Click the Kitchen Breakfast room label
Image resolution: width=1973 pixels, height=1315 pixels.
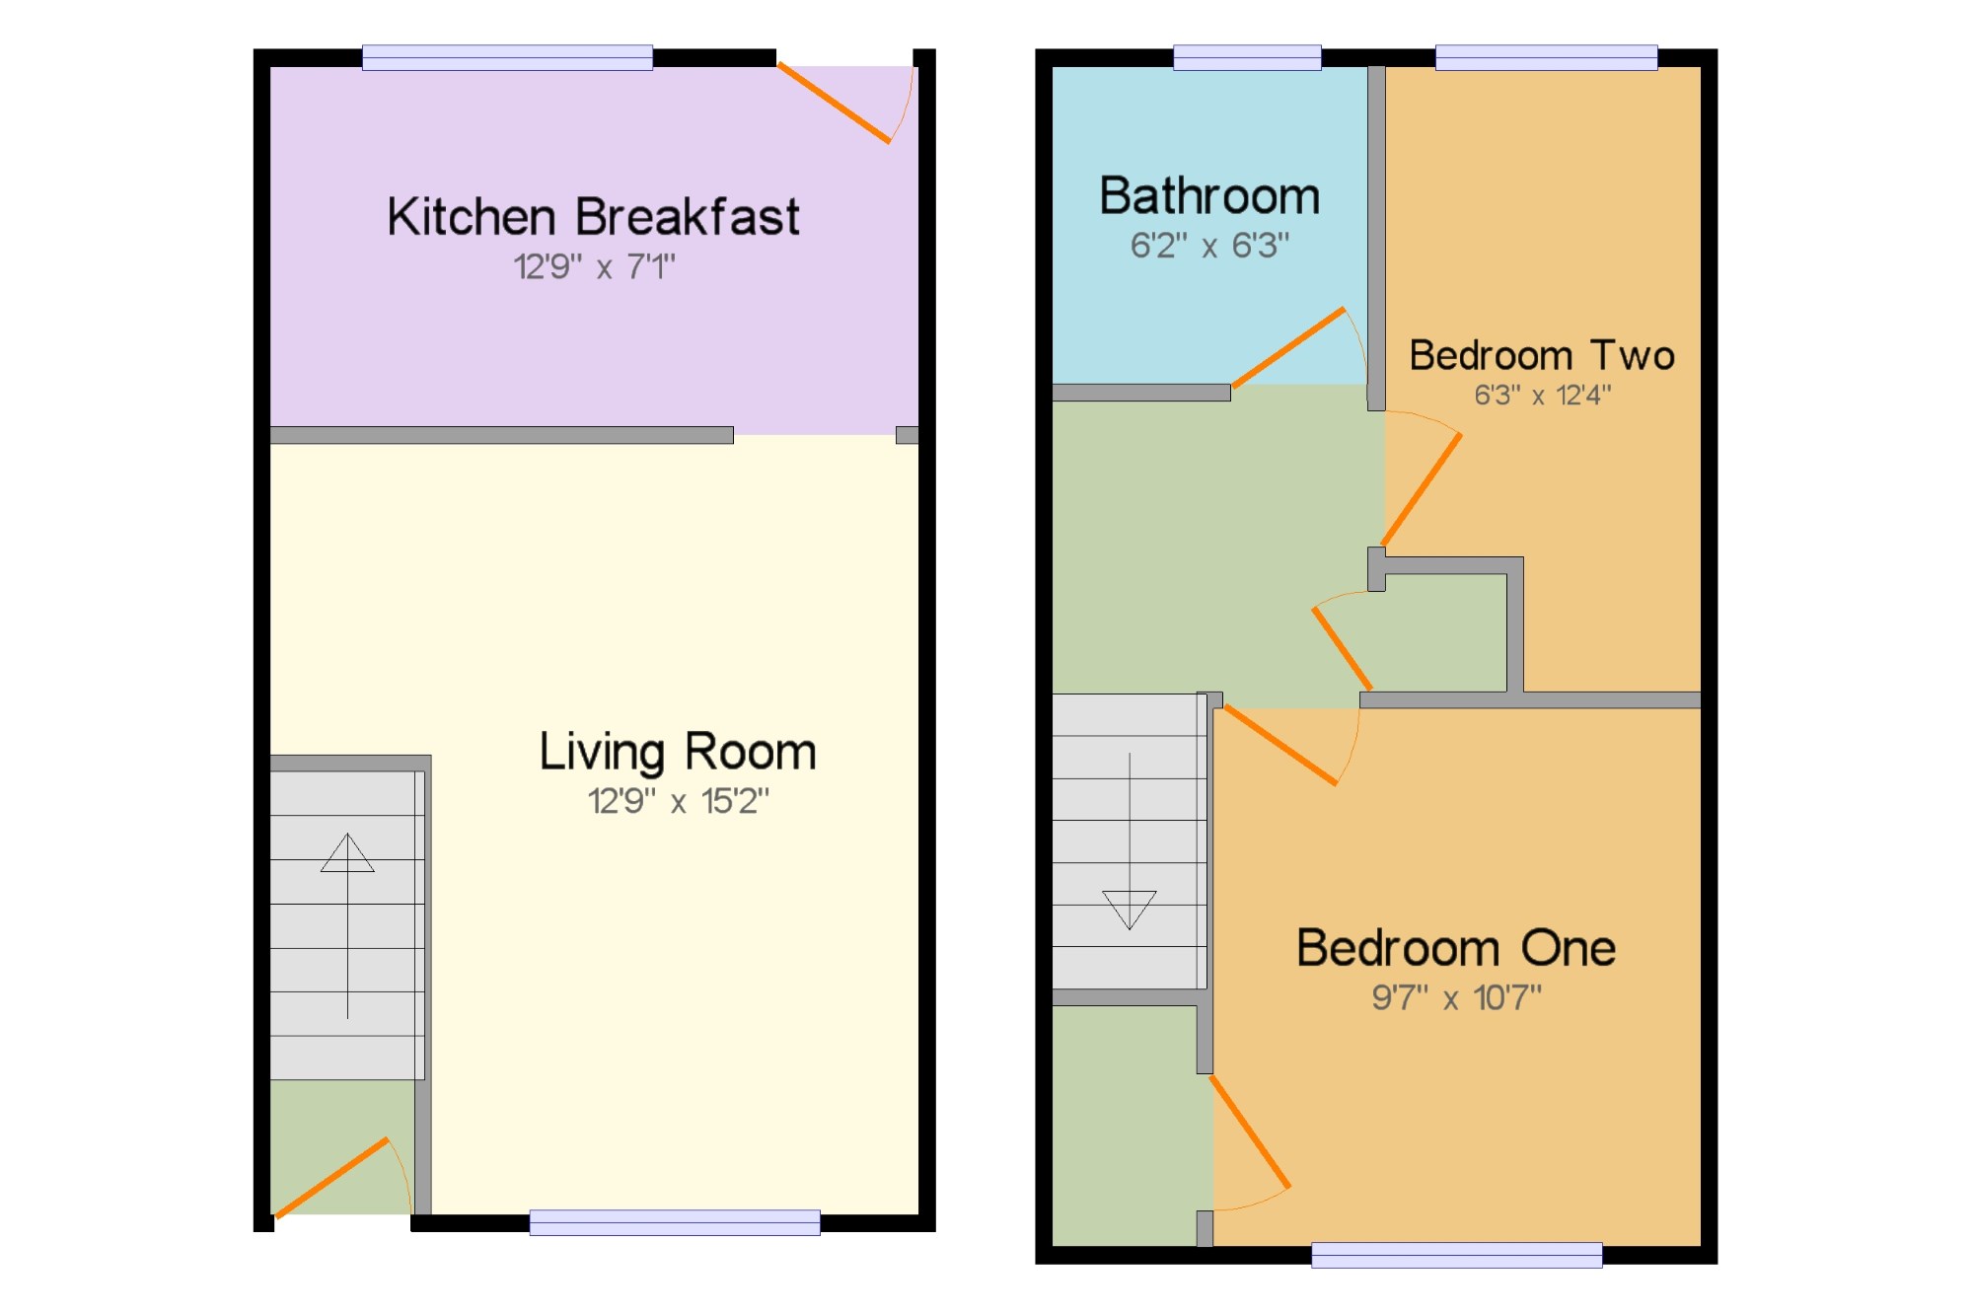(x=593, y=217)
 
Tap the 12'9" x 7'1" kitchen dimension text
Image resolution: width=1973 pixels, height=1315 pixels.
(x=594, y=266)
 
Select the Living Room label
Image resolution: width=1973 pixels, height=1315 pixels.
(x=678, y=753)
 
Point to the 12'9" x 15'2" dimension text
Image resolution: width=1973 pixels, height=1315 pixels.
(x=678, y=801)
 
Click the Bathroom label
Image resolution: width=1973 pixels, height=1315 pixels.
(x=1209, y=195)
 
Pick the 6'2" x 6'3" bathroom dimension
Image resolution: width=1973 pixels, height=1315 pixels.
(x=1209, y=245)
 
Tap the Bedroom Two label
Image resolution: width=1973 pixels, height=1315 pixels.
(x=1542, y=355)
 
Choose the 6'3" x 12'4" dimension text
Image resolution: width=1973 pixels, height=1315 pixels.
(x=1542, y=395)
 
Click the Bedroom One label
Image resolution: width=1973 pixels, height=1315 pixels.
(x=1456, y=948)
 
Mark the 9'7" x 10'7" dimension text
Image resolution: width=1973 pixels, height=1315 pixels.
(x=1456, y=997)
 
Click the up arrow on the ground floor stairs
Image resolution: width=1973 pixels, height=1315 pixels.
(x=347, y=925)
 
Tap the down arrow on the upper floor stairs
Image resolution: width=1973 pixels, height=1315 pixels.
(x=1130, y=841)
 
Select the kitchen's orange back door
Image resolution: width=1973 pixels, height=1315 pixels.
(x=834, y=103)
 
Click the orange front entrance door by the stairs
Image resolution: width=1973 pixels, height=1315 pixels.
(x=331, y=1178)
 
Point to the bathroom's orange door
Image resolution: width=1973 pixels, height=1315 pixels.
(x=1288, y=347)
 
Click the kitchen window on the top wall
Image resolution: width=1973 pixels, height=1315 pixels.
(x=507, y=57)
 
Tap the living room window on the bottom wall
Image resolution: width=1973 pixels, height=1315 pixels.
(x=675, y=1222)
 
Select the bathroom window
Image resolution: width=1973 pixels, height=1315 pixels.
(x=1247, y=57)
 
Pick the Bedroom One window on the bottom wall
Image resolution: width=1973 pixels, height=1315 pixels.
(x=1457, y=1255)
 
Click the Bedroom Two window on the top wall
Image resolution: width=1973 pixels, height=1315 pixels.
(x=1547, y=57)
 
